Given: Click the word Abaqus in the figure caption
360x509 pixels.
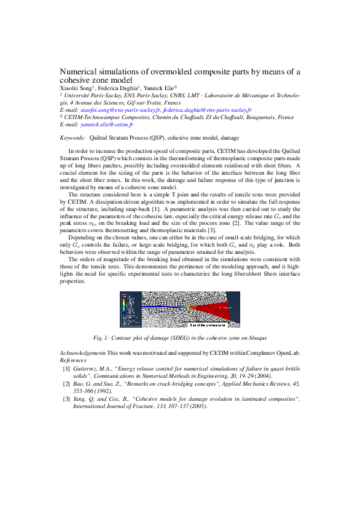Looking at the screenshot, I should coord(258,337).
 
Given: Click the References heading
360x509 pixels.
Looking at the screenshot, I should coord(73,359).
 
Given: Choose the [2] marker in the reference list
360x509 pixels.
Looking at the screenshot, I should coord(67,383).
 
